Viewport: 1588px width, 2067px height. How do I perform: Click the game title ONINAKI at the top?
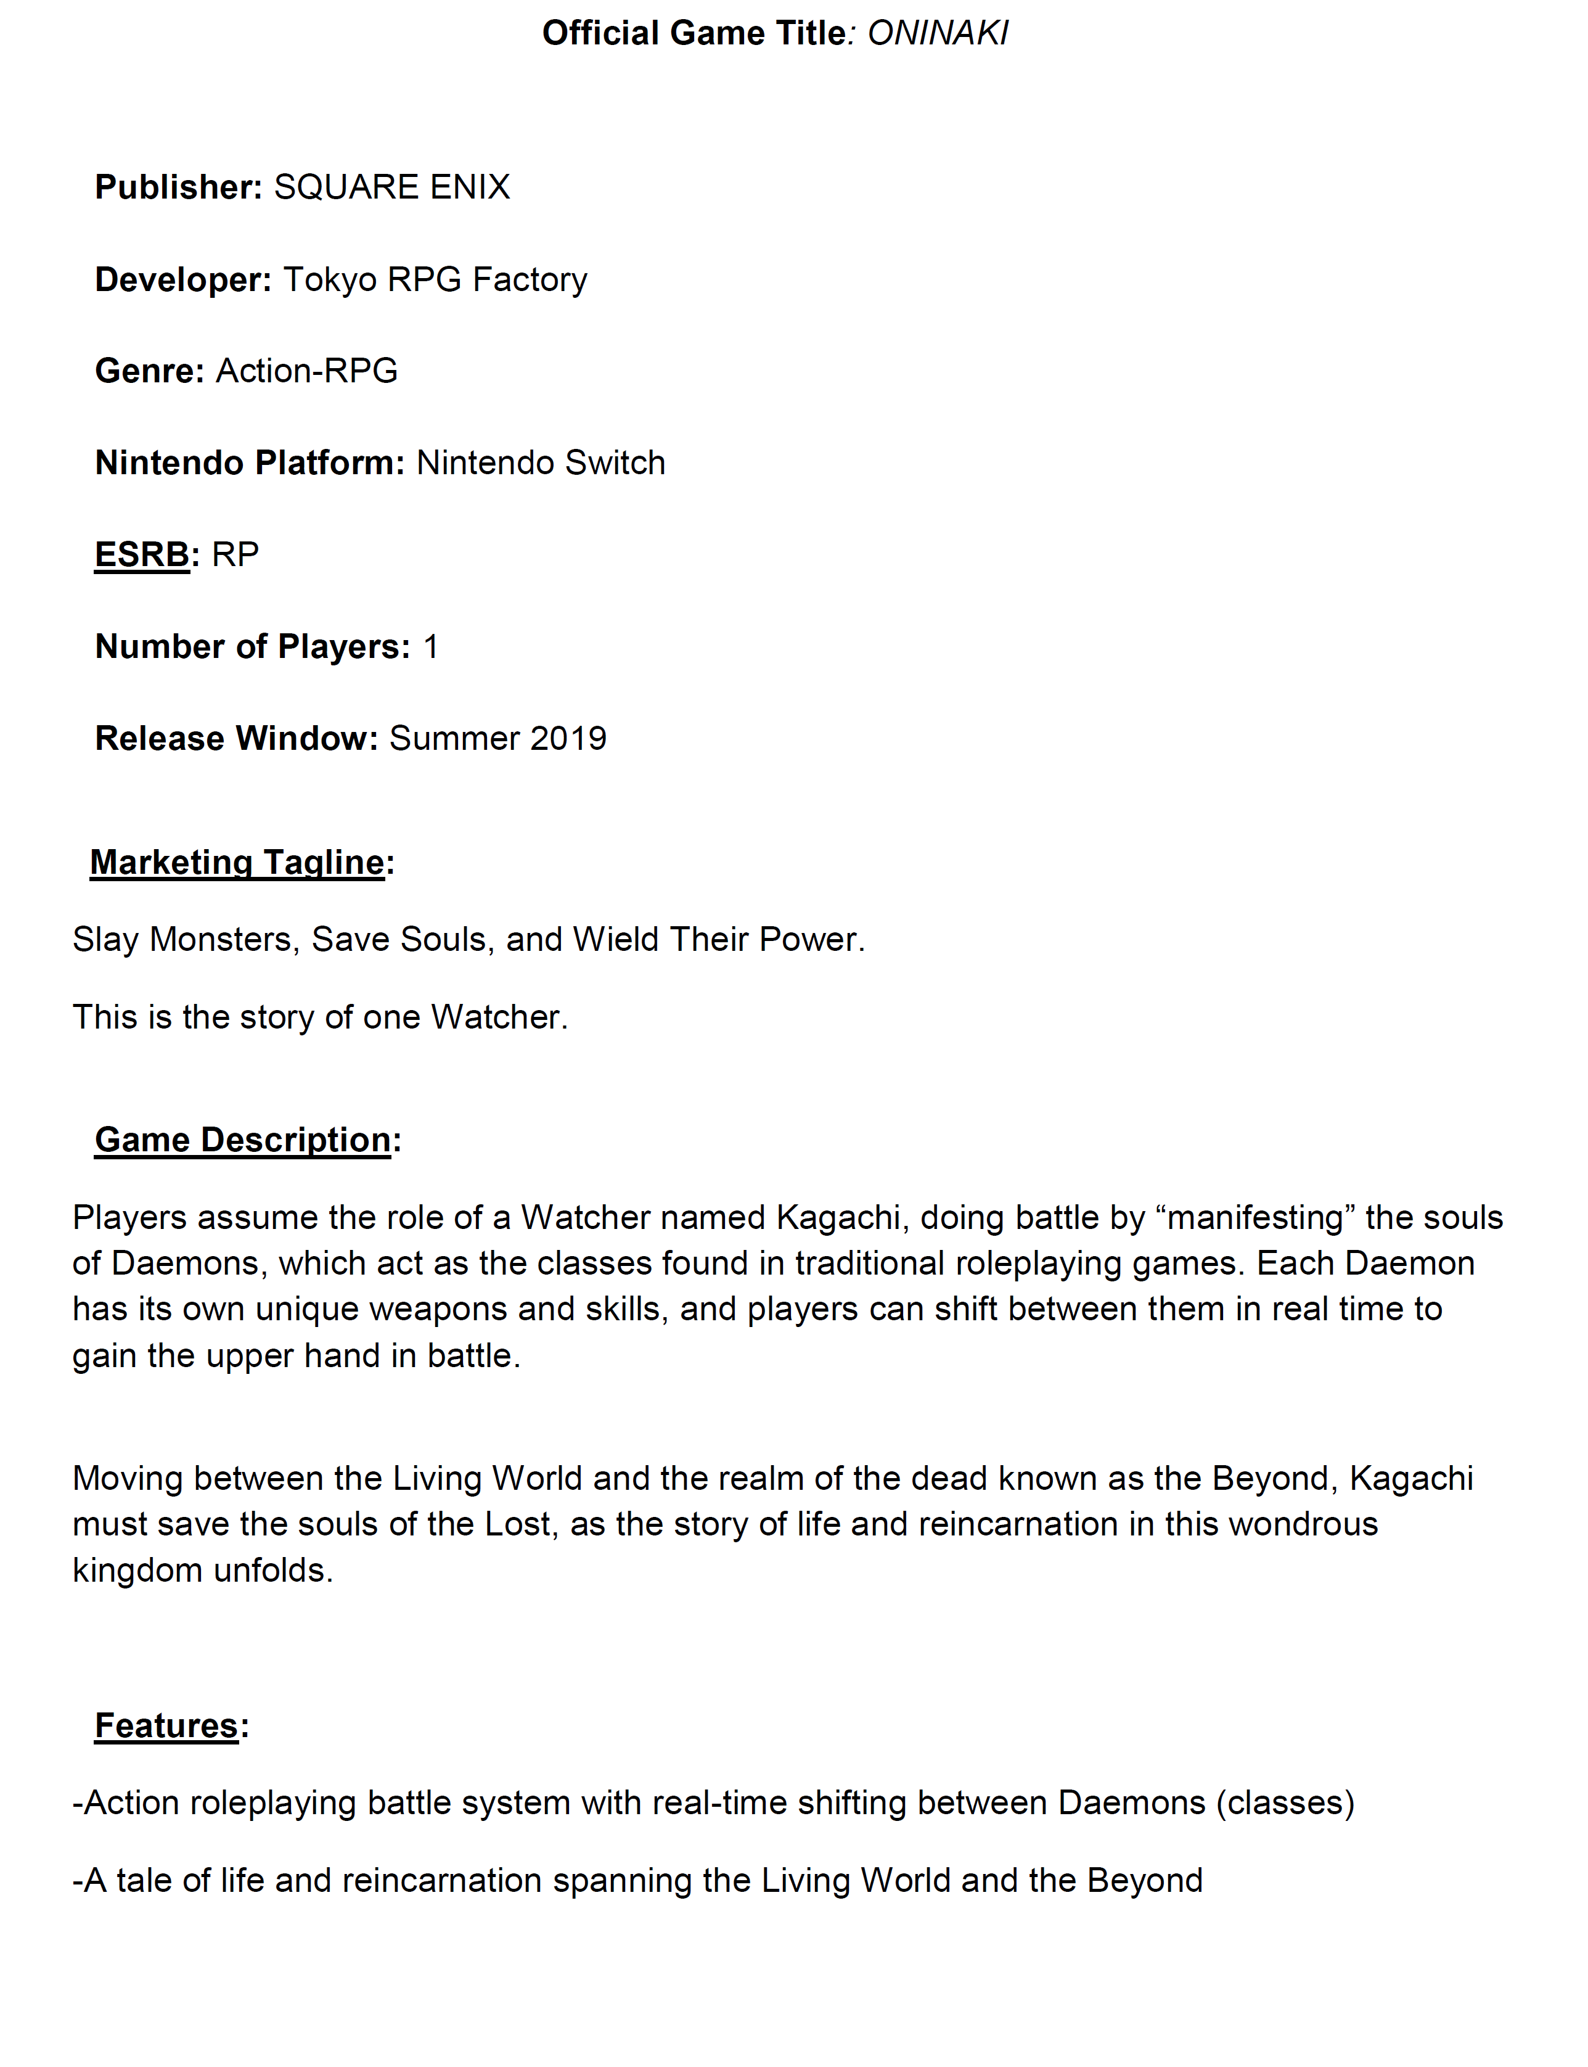[938, 34]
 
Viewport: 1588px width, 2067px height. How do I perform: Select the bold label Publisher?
[178, 187]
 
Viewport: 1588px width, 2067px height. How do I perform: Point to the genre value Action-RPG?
[306, 371]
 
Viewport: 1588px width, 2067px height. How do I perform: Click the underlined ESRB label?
[142, 555]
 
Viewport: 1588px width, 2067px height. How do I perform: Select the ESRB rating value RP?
[235, 555]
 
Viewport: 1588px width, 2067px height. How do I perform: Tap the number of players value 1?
[430, 647]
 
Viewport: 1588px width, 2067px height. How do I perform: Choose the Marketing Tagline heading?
[237, 862]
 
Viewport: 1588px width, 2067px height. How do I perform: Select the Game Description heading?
[243, 1140]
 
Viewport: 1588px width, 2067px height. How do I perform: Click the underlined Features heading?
[166, 1727]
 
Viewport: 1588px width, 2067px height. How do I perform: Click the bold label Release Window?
[236, 739]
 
